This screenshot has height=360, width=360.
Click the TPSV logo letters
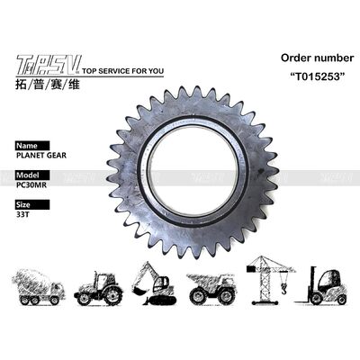coord(44,64)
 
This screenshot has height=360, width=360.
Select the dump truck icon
coord(212,287)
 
